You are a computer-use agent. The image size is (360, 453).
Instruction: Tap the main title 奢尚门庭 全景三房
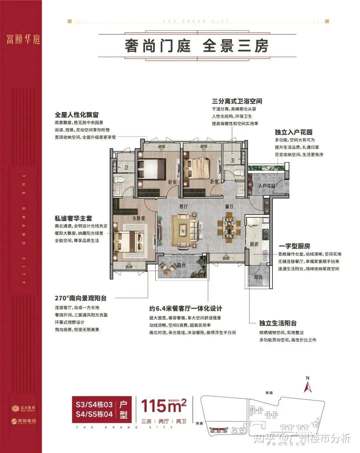coord(197,46)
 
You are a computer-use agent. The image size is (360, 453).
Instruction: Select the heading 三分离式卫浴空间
coord(237,101)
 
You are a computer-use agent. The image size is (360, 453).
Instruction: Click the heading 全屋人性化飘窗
coord(77,115)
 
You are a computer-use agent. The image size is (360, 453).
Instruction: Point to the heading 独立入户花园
coord(293,132)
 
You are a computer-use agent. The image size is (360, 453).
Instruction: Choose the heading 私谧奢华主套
coord(73,218)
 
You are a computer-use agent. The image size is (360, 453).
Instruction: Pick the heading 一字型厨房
coord(294,246)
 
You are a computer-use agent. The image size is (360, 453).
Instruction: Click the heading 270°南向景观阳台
coord(81,298)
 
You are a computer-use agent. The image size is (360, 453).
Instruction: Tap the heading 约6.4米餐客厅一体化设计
coord(185,309)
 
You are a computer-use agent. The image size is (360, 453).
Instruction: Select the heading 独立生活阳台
coord(278,323)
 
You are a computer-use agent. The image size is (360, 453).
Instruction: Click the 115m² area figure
coord(163,406)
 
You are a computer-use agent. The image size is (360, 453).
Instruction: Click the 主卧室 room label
coord(139,218)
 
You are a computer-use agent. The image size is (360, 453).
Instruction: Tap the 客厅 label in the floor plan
coord(184,207)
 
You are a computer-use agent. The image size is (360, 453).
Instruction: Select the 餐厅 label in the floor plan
coord(229,207)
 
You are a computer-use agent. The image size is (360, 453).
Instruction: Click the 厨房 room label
coord(254,244)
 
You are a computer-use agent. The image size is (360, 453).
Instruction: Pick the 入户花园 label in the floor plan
coord(267,186)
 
